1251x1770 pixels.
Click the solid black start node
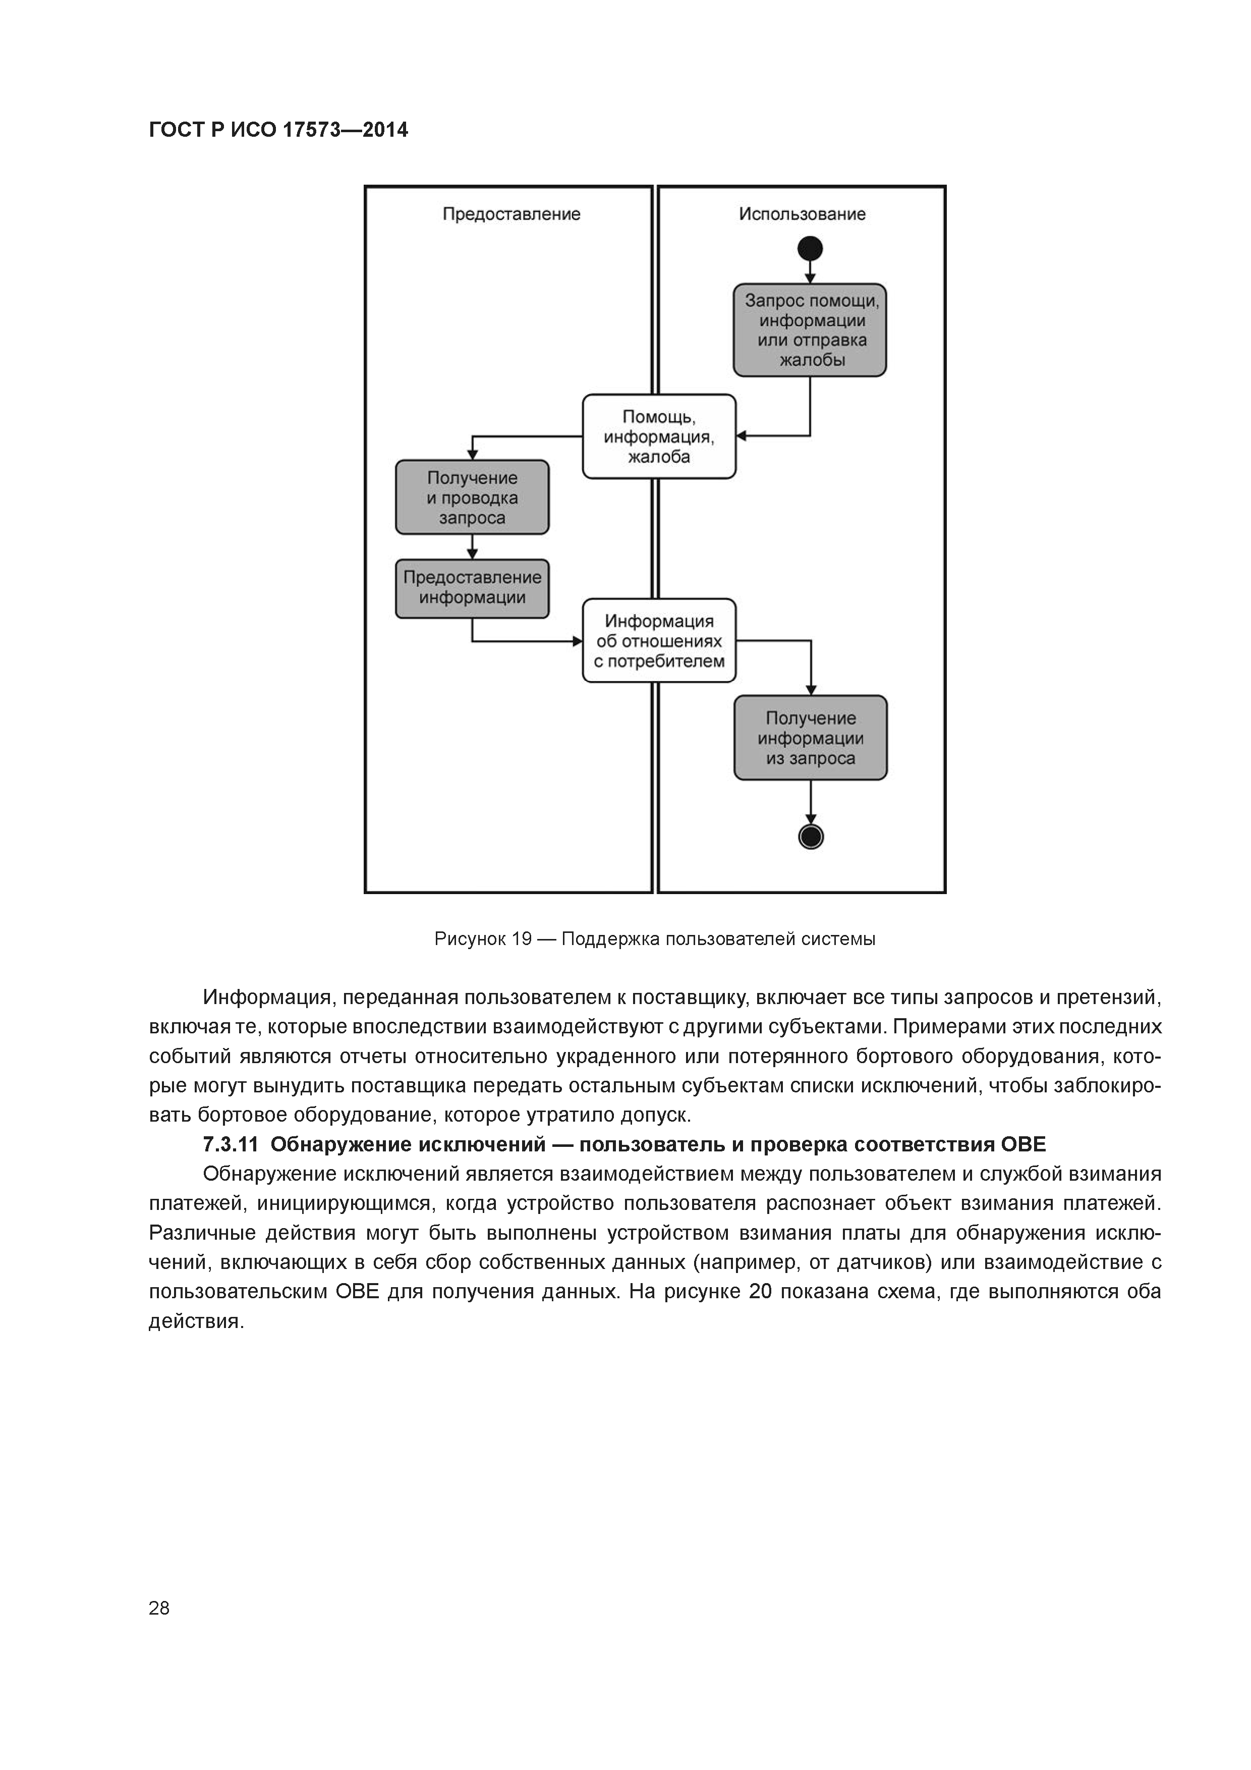click(810, 248)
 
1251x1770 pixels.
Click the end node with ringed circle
click(811, 837)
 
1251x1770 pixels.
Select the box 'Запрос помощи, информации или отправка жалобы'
click(810, 330)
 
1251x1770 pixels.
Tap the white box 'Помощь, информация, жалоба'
click(659, 436)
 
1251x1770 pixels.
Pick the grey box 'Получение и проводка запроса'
click(473, 497)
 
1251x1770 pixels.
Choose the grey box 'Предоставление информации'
click(473, 588)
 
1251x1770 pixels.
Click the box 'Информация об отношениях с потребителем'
click(659, 641)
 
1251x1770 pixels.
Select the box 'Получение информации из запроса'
click(811, 738)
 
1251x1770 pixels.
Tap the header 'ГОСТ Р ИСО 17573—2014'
click(278, 130)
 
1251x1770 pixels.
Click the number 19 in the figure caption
click(521, 939)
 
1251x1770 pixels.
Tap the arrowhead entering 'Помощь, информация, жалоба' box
click(742, 436)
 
